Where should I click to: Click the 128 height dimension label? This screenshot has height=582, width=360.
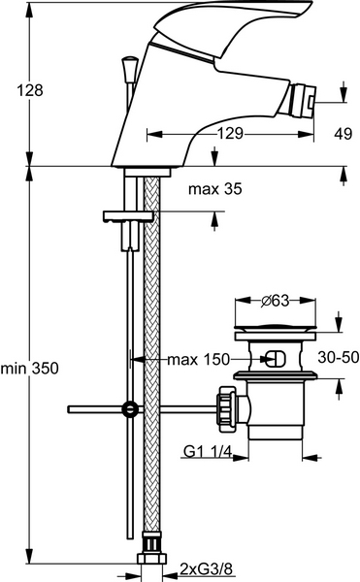(30, 90)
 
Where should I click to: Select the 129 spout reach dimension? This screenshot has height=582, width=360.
(230, 133)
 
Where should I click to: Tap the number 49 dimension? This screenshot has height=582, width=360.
(343, 134)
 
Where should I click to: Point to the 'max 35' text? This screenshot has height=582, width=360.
(214, 189)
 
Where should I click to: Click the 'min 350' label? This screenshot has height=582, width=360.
(30, 369)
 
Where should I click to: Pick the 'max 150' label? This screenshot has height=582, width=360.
(199, 359)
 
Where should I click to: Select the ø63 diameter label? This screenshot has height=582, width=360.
(275, 301)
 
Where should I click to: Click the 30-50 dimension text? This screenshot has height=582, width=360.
(338, 357)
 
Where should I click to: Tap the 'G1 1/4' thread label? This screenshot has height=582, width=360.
(208, 452)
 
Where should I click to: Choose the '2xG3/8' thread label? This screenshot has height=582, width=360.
(206, 568)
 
